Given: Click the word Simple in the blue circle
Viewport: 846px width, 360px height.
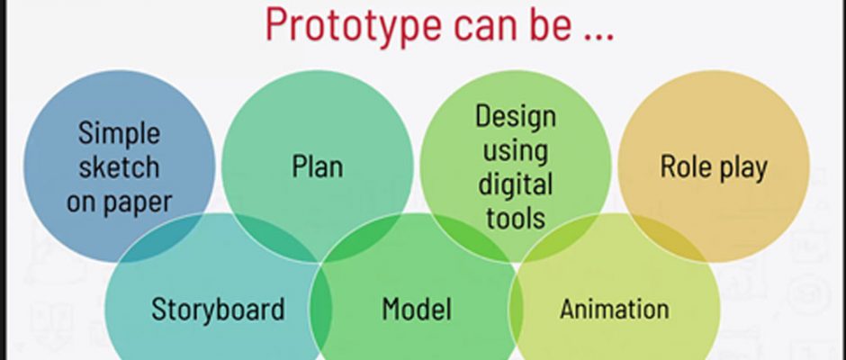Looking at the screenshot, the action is click(119, 134).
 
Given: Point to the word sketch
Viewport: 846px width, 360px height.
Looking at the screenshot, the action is click(119, 166).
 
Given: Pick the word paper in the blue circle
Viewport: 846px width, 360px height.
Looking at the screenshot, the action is click(137, 203).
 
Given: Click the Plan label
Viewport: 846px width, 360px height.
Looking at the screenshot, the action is click(317, 166).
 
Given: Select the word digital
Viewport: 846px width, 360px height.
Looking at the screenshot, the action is click(516, 185).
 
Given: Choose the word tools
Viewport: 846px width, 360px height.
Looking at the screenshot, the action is click(516, 217).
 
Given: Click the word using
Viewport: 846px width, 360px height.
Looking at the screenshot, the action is click(516, 152).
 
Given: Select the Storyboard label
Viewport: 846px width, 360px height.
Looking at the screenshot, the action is click(218, 310).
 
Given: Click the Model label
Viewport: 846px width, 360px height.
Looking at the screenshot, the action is click(417, 309).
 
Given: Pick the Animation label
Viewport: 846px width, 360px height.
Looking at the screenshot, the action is click(615, 309).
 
